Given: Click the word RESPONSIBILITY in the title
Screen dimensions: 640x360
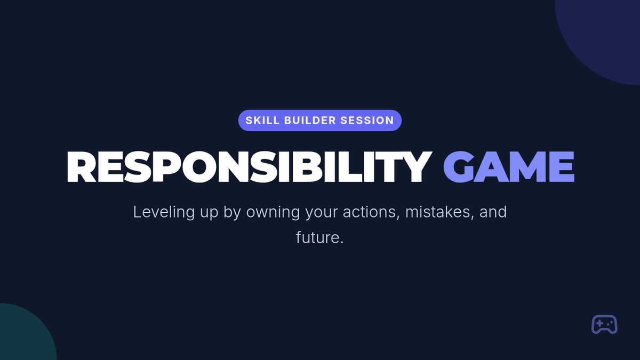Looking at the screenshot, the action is (x=249, y=167).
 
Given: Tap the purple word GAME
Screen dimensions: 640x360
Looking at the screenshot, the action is (x=509, y=167).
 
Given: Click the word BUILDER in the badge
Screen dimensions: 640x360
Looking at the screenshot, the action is (x=310, y=121).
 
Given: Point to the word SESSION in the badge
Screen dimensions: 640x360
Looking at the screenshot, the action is (x=367, y=121).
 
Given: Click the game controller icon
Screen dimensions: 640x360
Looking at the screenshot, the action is (x=604, y=324).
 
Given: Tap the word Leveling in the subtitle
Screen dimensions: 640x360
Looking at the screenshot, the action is (x=164, y=212).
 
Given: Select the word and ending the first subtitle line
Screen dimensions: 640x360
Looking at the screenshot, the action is (x=493, y=212).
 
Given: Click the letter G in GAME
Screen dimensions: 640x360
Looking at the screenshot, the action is (x=458, y=167).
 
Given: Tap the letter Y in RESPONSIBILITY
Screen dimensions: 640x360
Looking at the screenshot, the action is (x=417, y=167).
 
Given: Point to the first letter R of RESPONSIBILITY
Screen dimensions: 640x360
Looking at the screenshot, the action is (x=81, y=167).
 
